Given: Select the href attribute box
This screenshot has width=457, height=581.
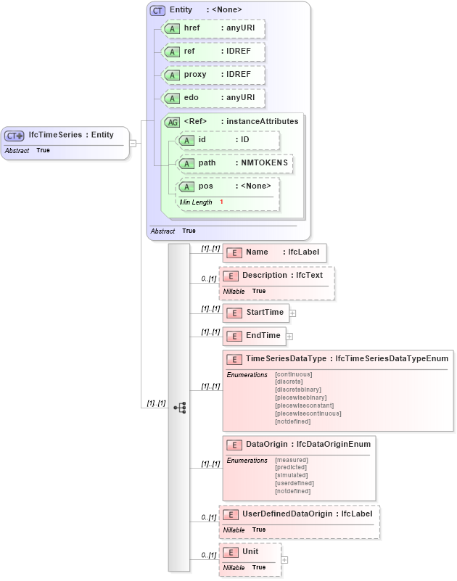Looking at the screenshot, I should coord(212,28).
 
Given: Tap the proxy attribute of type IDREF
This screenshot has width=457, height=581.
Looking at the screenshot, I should coord(212,75).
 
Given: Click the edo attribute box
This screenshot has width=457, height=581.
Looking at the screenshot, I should coord(212,98).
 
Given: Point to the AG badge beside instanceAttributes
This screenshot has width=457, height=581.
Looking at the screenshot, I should coord(173,122).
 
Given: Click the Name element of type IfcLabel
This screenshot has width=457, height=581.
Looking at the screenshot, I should coord(274,252).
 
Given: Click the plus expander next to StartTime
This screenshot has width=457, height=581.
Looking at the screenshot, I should coord(293,313).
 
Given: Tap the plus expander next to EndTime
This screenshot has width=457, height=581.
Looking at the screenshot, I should coord(289,337).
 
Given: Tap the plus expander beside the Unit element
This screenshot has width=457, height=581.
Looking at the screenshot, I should coord(284,560).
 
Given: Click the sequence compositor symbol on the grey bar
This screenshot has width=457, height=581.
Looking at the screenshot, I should coord(179,408).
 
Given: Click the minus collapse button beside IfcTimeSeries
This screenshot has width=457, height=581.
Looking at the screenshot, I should coord(133,143).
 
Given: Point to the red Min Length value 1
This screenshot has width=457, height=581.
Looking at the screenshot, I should coord(221,202).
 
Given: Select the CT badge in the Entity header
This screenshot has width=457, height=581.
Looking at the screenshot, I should coord(157,10).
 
